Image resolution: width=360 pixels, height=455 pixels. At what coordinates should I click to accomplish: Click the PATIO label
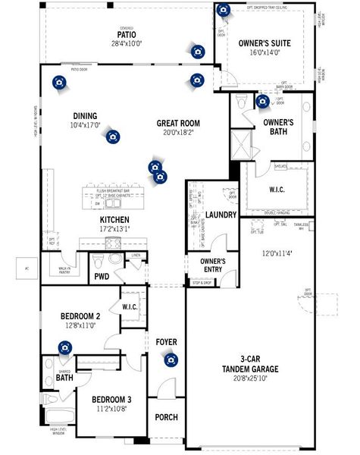coord(127,35)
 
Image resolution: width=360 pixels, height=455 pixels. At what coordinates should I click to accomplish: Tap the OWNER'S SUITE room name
coord(265,44)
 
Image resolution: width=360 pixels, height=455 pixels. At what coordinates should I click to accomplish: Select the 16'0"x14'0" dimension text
coord(265,53)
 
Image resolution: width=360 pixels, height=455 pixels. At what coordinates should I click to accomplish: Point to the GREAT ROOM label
coord(178,123)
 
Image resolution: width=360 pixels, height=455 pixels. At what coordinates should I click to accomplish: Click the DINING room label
coord(85,116)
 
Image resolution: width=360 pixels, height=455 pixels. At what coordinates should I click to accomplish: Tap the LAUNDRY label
coord(222,215)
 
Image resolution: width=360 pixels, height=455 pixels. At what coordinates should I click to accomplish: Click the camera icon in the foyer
coord(171,359)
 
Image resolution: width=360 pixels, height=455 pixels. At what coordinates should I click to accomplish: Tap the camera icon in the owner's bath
coord(262,101)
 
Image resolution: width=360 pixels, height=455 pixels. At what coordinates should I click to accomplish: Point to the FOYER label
coord(166,341)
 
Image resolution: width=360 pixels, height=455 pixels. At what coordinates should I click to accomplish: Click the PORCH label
coord(166,418)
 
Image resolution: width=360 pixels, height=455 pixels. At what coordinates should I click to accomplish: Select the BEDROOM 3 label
coord(111,399)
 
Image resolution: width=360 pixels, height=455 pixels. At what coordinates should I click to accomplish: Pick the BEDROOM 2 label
coord(80,315)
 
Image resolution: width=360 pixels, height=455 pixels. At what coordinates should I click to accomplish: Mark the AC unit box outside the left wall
coord(27,268)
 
